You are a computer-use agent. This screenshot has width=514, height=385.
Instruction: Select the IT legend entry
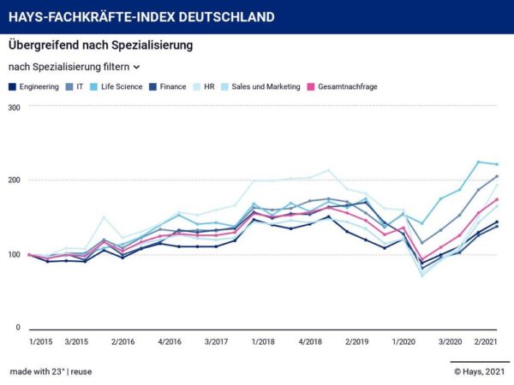pos(81,86)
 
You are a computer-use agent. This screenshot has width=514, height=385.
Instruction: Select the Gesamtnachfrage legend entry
pos(347,86)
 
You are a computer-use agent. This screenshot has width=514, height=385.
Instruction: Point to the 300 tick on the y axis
pos(14,107)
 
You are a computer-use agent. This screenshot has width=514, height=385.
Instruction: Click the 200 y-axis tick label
pos(14,181)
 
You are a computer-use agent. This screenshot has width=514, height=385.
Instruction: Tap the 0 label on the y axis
pos(18,328)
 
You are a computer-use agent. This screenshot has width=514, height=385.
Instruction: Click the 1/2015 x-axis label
pos(40,341)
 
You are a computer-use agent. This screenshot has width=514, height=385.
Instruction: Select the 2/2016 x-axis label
pos(123,341)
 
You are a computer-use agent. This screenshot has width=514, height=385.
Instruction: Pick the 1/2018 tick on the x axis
pos(262,341)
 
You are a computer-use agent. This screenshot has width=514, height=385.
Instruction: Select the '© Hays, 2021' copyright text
pos(480,371)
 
